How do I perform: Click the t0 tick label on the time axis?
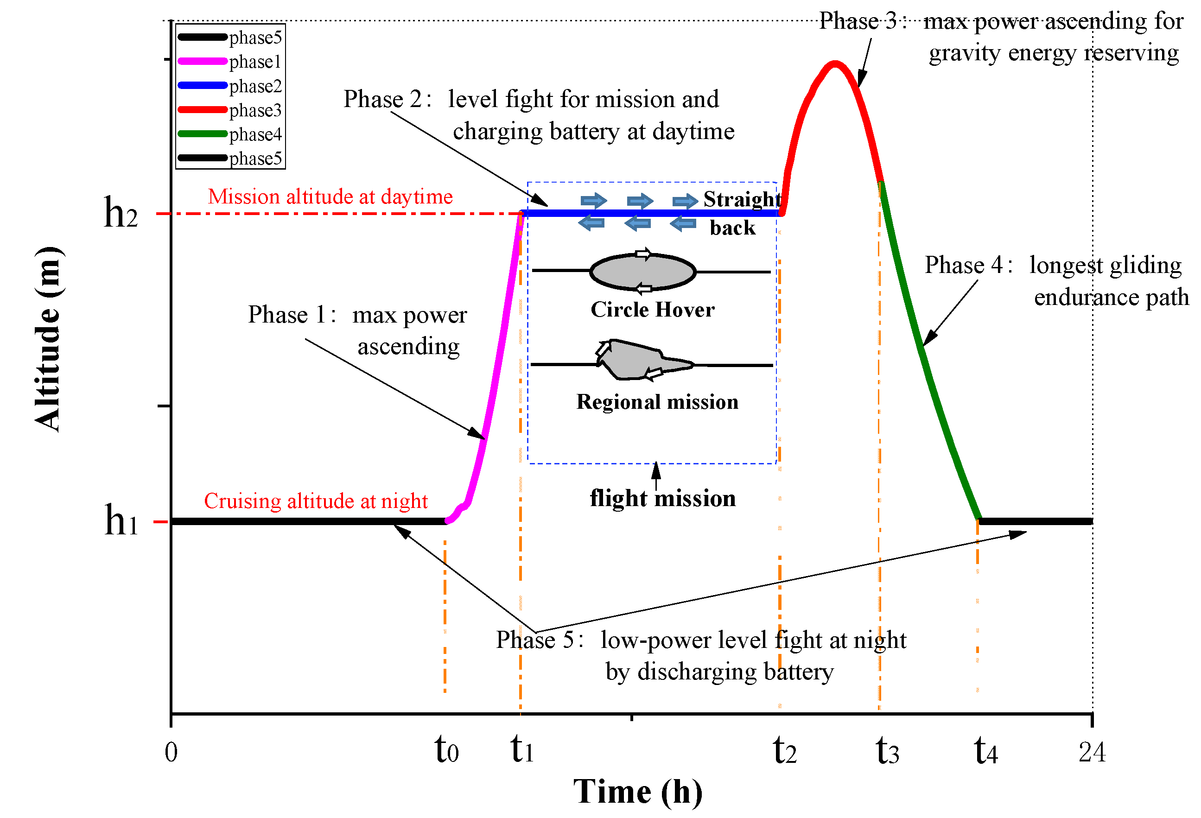[x=446, y=750]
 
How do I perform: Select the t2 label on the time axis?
[x=784, y=751]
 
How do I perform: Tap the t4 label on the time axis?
[x=985, y=751]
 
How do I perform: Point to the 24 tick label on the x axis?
[x=1092, y=752]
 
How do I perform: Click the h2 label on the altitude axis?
[x=121, y=212]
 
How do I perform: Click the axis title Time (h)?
[x=638, y=792]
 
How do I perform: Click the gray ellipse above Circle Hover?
[x=642, y=272]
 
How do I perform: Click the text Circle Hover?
[x=652, y=310]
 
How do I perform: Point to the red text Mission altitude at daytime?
[x=330, y=197]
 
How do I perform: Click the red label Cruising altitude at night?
[x=316, y=501]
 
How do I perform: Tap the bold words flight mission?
[x=662, y=498]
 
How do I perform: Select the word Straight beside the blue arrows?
[x=742, y=199]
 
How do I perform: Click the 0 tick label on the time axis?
[x=171, y=752]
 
